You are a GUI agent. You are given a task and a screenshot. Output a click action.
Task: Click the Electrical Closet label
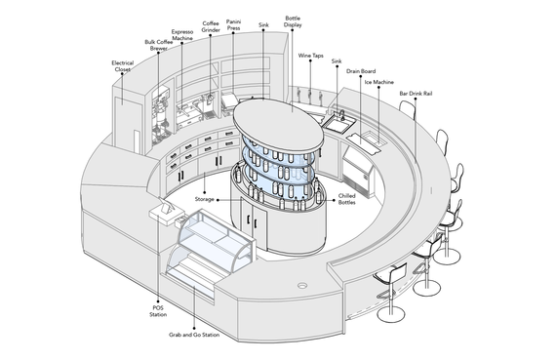point(122,66)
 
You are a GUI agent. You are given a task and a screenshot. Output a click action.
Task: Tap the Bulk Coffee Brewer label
point(158,45)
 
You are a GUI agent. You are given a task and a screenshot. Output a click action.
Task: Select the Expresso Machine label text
point(182,35)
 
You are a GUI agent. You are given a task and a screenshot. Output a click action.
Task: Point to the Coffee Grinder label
point(211,26)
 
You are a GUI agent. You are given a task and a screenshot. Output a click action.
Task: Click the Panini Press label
point(233,24)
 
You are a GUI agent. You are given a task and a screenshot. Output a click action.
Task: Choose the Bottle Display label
point(293,21)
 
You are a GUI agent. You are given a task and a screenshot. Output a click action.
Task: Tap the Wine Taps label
point(310,56)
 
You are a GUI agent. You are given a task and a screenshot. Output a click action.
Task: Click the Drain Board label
point(361,71)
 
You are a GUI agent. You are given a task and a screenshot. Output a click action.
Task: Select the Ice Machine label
point(379,82)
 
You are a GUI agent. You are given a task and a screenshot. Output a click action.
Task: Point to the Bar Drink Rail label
point(416,94)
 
